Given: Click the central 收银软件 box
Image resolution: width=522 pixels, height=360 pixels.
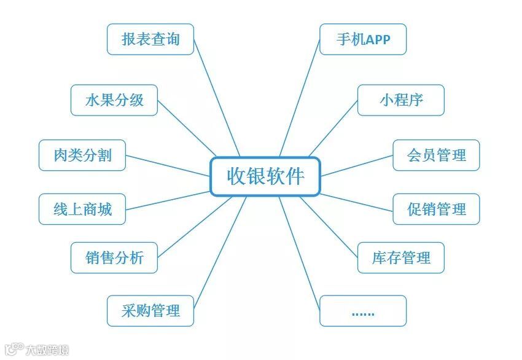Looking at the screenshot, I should point(265,176).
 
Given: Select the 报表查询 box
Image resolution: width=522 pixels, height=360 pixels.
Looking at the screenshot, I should point(150,39).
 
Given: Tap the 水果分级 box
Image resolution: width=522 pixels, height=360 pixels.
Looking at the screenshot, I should point(114,100).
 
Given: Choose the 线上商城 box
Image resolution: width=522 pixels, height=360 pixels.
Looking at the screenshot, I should point(82,209).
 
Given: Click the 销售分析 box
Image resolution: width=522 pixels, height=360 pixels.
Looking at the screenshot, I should point(114,257).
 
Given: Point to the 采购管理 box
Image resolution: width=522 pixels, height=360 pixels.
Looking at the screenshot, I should point(150,311).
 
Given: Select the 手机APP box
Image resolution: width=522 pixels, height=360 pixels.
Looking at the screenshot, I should point(363,39).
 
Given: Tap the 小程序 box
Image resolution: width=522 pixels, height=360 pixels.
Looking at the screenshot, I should point(400,100).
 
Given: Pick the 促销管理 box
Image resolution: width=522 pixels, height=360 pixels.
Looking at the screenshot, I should point(436,209).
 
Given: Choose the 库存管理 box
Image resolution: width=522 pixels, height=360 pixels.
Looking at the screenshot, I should point(400,257).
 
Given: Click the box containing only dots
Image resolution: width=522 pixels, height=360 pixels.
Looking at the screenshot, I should point(363,311).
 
